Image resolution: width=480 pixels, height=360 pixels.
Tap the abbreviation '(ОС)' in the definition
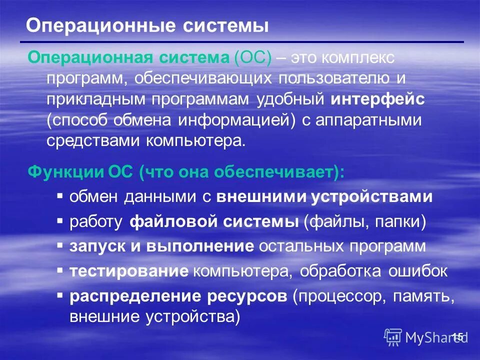(252, 57)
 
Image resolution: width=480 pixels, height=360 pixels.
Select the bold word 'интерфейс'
(377, 99)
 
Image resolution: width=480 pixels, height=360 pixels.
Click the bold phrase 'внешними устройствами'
(324, 196)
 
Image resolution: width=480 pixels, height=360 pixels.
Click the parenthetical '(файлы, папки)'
(364, 221)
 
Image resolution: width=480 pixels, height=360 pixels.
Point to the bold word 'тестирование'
(129, 271)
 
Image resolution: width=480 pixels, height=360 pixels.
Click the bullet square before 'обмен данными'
(60, 195)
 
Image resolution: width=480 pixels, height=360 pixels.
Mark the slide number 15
(458, 336)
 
